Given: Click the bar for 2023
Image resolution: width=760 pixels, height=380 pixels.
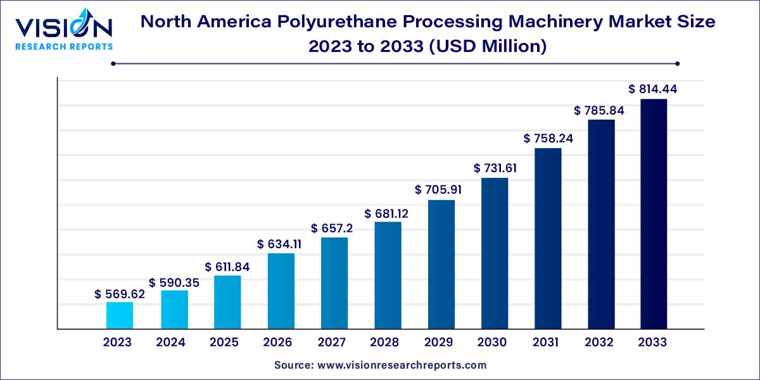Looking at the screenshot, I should point(120,315).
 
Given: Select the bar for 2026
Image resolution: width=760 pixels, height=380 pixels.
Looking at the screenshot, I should point(281,291).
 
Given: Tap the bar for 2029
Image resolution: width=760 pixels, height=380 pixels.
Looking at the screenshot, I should point(441,264).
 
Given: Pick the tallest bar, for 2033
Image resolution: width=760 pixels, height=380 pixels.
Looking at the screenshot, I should point(654,213).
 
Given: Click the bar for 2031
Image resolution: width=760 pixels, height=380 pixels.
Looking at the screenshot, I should point(548,238).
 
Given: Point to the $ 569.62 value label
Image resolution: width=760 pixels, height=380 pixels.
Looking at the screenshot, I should point(120,294).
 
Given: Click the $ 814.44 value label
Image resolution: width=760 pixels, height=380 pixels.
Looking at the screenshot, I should point(653,89).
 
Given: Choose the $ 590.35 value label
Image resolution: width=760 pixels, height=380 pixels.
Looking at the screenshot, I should point(174,282).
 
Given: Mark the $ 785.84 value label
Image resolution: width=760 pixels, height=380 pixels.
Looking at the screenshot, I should point(600,110).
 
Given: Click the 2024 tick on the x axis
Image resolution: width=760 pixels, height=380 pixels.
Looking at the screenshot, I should point(171,343).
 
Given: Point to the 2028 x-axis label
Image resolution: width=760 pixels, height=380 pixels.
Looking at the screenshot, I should point(384,343).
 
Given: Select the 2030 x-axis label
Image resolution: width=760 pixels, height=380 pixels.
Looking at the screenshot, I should point(491,343).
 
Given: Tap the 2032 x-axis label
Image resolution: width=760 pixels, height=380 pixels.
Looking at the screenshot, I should point(598,343).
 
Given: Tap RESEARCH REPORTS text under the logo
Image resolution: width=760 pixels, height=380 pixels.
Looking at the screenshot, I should point(64,46).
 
